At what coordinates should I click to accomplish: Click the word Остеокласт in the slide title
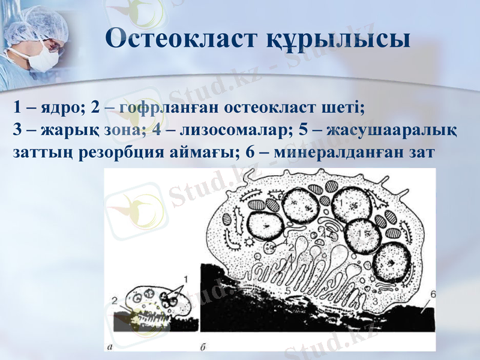click(181, 40)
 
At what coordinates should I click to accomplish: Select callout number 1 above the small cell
click(185, 278)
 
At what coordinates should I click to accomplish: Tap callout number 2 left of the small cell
click(114, 300)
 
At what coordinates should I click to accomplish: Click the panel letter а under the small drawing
click(108, 346)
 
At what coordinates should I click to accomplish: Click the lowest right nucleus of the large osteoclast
click(391, 265)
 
